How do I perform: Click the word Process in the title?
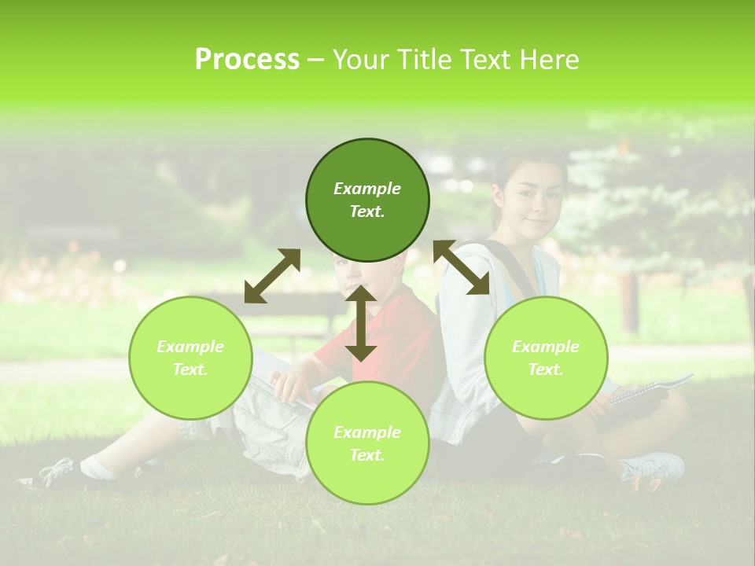(x=247, y=59)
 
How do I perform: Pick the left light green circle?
(x=190, y=358)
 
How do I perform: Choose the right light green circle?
(x=546, y=358)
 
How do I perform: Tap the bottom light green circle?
(x=367, y=443)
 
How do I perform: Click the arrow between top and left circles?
(x=272, y=276)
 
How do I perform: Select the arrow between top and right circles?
(x=462, y=267)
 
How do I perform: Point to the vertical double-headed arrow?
(x=361, y=323)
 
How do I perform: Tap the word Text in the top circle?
(x=366, y=212)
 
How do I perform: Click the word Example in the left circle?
(x=190, y=347)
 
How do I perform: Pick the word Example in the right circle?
(x=546, y=347)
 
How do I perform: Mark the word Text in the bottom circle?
(x=366, y=455)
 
